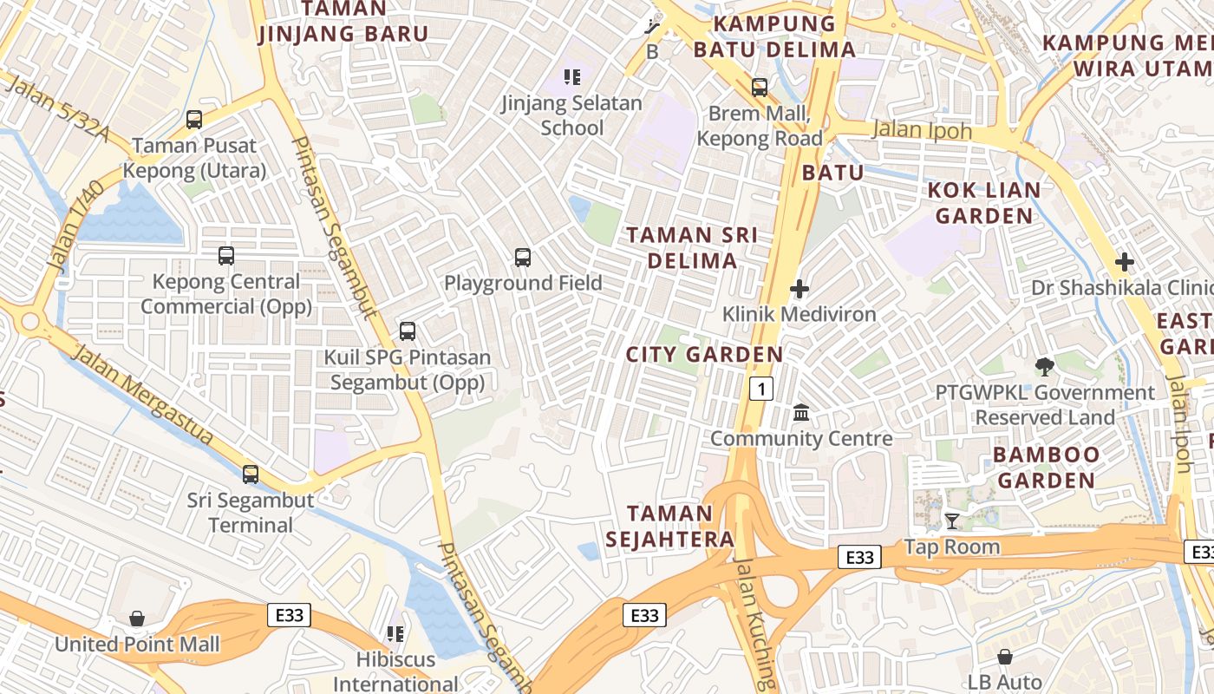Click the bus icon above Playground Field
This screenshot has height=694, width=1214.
522,257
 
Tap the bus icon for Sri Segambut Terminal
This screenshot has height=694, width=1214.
251,474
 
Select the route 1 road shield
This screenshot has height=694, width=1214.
760,389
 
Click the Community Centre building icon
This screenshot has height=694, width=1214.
801,413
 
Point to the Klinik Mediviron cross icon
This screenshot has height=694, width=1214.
800,289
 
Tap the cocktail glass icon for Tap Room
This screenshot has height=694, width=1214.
952,520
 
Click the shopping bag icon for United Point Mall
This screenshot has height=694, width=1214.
137,619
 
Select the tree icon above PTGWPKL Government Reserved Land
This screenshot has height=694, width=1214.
1045,367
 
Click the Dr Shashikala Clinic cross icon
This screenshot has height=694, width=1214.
1124,261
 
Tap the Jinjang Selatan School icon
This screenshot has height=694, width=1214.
572,77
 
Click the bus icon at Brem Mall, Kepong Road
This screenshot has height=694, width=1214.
760,87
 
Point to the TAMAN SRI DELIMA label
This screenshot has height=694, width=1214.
692,247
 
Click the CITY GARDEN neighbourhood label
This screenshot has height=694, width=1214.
704,354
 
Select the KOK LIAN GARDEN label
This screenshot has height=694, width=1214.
984,202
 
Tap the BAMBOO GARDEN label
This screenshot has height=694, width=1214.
1046,467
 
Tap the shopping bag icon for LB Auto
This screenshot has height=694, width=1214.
1004,657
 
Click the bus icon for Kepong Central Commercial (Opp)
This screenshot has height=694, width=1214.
226,256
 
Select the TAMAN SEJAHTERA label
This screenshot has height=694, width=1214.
669,526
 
